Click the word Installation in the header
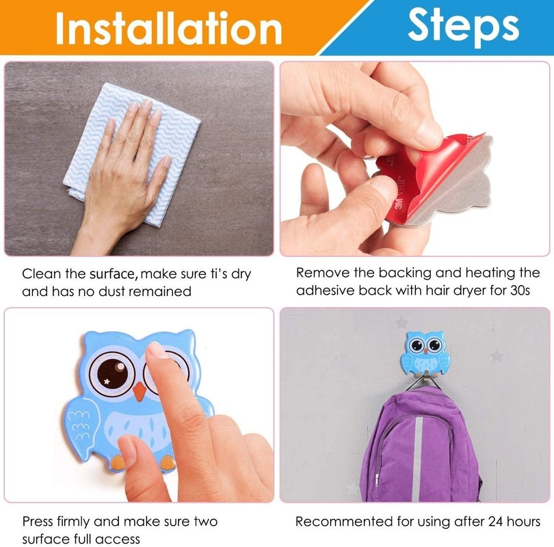[169, 28]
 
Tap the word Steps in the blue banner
[463, 25]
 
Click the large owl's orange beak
[140, 391]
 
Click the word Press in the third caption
[38, 522]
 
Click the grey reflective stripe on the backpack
[418, 459]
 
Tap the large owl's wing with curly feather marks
[83, 424]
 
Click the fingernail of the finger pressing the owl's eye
[157, 351]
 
